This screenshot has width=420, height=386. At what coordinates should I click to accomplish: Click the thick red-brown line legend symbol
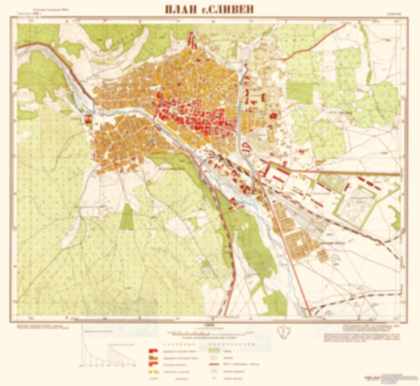(214, 364)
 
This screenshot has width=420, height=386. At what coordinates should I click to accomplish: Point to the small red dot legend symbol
(214, 378)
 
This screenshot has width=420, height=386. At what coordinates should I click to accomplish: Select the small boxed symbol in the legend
(214, 371)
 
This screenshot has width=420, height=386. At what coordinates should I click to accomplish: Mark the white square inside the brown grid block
(299, 243)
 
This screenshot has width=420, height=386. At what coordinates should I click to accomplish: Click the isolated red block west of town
(88, 119)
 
